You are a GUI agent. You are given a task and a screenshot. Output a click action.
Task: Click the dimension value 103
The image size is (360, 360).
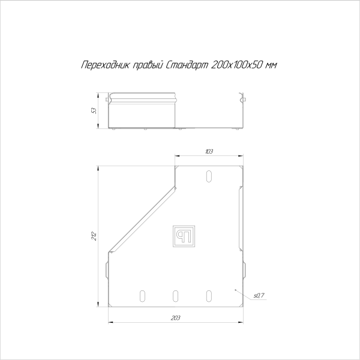click(x=209, y=151)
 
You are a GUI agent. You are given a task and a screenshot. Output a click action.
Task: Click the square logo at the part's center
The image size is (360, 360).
click(x=183, y=236)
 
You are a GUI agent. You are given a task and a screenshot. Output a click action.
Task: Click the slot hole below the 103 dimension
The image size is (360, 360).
click(x=209, y=176)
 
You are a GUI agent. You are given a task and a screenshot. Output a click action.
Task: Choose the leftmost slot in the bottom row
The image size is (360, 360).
click(x=142, y=295)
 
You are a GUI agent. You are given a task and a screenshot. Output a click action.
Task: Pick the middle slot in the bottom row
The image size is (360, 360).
click(x=176, y=295)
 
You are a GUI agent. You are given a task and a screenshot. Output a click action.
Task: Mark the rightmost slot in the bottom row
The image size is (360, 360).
click(x=209, y=295)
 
